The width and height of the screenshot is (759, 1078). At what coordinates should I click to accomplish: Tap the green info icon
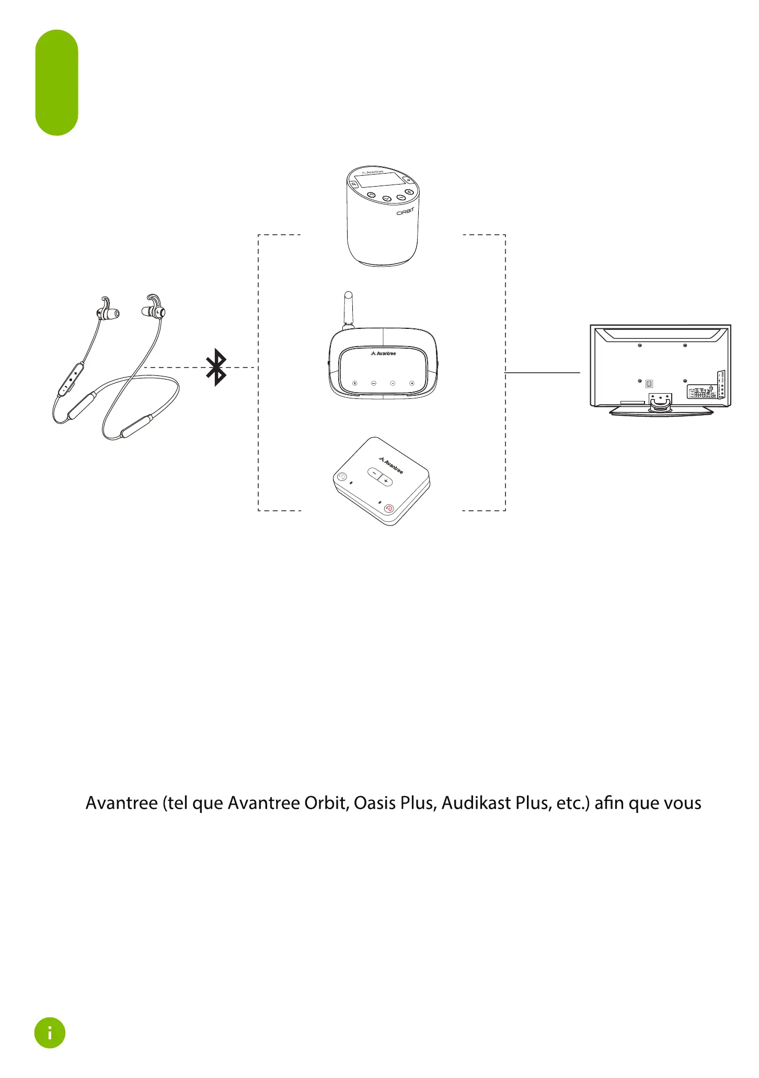(x=50, y=1033)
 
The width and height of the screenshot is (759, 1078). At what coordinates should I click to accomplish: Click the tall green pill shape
(x=56, y=83)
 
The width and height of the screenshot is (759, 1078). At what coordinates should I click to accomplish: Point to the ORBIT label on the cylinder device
(x=405, y=211)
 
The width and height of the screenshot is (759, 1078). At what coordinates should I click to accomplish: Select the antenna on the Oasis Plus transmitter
(x=349, y=309)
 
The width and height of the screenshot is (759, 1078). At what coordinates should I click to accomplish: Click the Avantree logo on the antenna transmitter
(x=383, y=354)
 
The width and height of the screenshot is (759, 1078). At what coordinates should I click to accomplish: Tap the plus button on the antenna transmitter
(x=412, y=383)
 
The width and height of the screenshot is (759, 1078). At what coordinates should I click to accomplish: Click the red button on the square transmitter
(x=389, y=508)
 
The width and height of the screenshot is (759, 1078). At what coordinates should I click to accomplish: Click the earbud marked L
(x=155, y=312)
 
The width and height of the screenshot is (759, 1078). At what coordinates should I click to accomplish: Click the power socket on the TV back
(x=649, y=384)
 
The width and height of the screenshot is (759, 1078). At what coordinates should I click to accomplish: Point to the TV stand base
(x=661, y=412)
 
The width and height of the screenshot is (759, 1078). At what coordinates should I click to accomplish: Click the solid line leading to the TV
(x=543, y=373)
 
